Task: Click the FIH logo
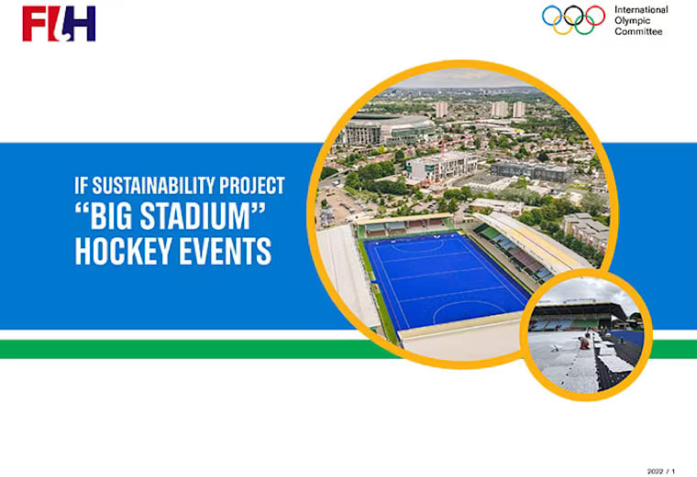(x=59, y=23)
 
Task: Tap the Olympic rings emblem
(x=574, y=19)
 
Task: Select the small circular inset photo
(x=586, y=335)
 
